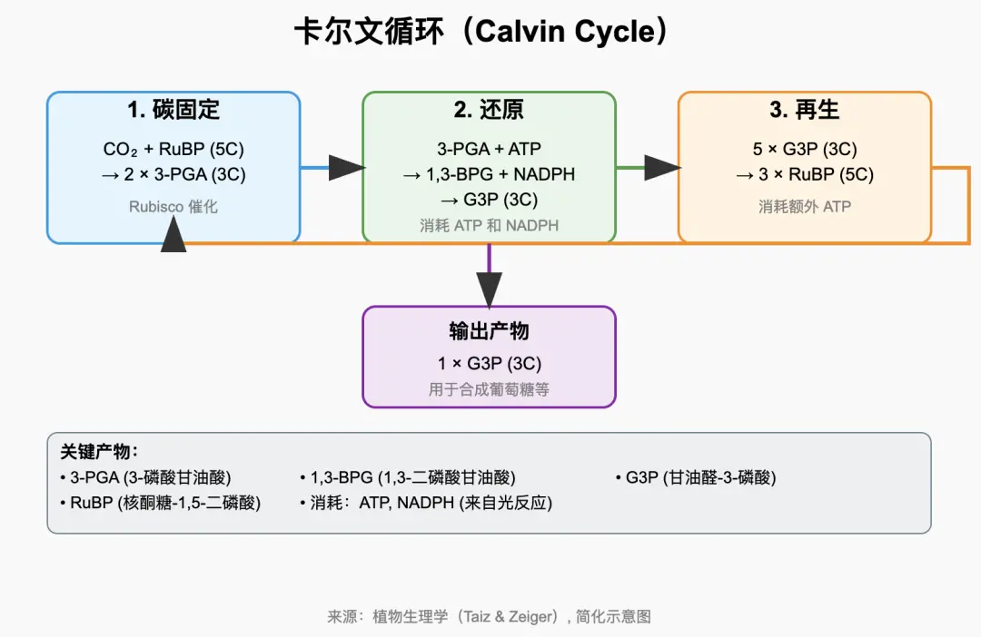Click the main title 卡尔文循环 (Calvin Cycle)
[x=482, y=34]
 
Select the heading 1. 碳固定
[x=173, y=111]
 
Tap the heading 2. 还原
[x=489, y=111]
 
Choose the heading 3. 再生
[x=804, y=111]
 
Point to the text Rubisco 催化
[x=173, y=207]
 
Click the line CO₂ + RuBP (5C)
[x=173, y=150]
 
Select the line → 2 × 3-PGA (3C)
[x=173, y=174]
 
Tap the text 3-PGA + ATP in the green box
[x=489, y=150]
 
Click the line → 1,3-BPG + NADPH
[x=489, y=174]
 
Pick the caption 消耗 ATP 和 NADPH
[x=489, y=226]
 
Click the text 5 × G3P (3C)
[x=804, y=150]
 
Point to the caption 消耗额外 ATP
[x=804, y=207]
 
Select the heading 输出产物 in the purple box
[x=489, y=331]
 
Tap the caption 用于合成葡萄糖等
[x=489, y=390]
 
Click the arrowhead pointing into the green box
[x=346, y=168]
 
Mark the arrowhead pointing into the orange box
[x=662, y=168]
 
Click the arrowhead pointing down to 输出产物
[x=489, y=289]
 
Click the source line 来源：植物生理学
[x=489, y=616]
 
